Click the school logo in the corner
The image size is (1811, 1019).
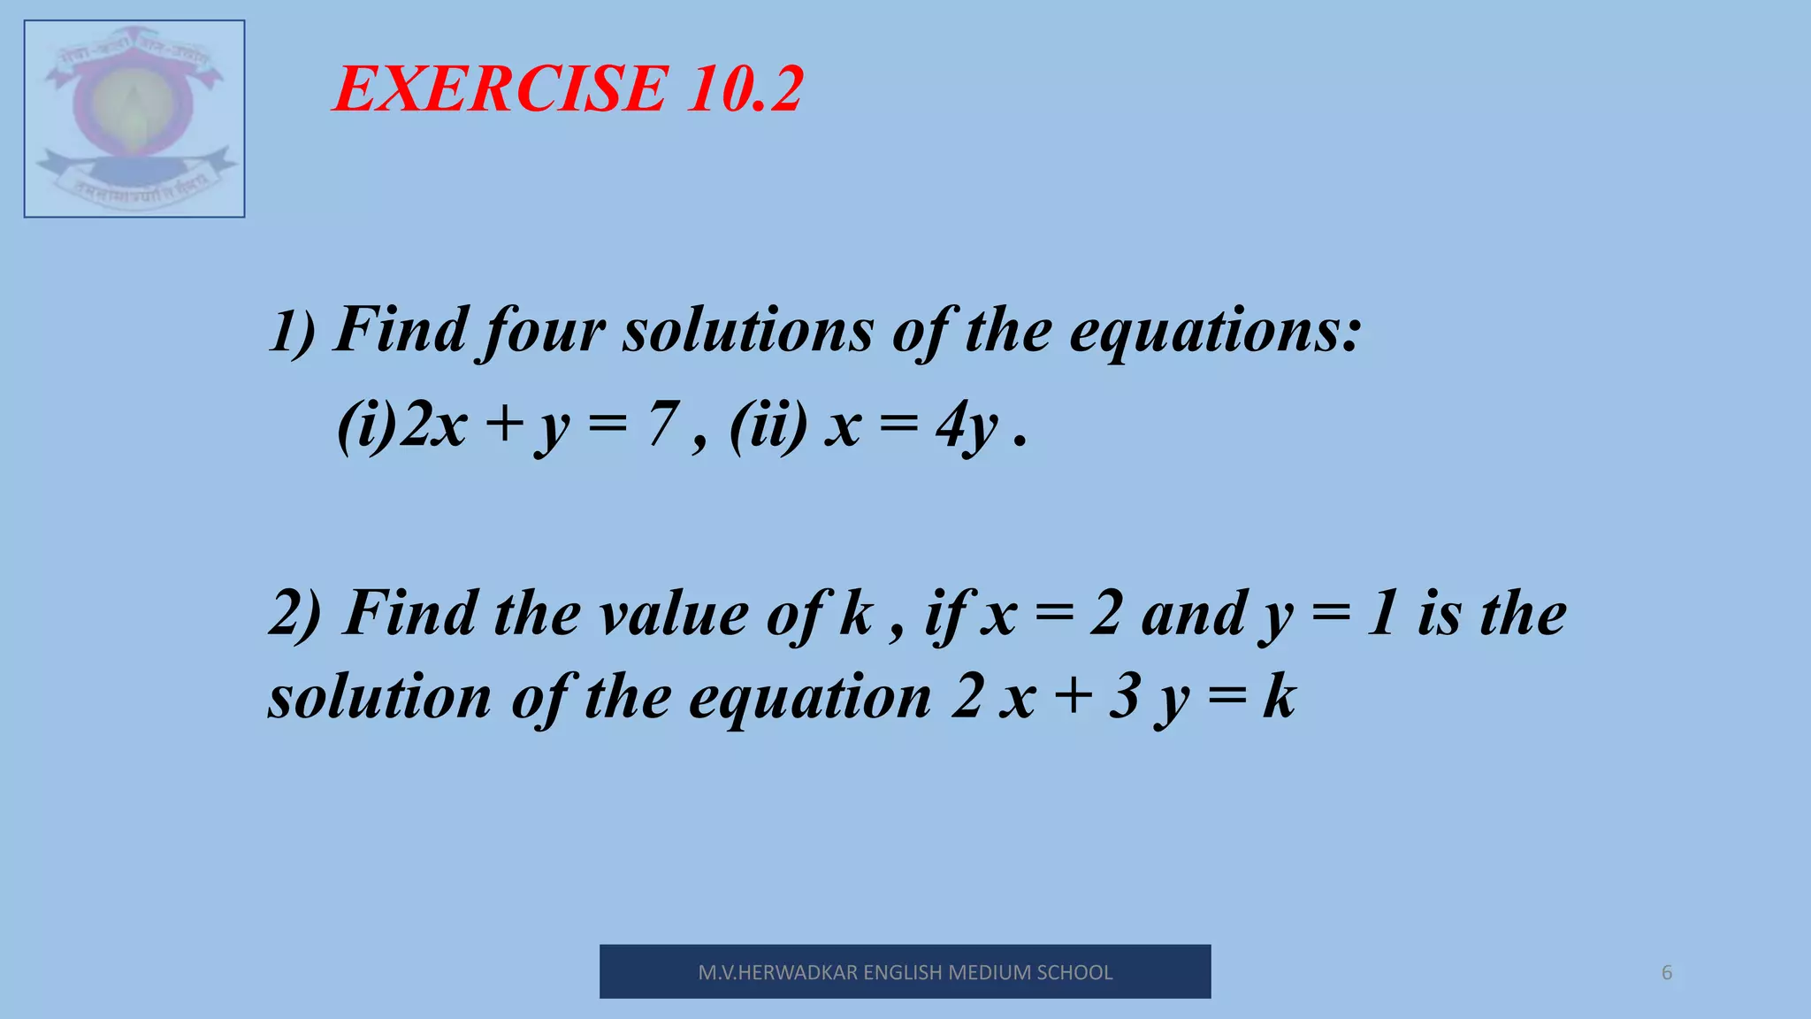click(134, 119)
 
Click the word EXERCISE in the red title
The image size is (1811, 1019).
click(500, 89)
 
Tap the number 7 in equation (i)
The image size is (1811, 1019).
click(662, 424)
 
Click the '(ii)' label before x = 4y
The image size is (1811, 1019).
click(768, 425)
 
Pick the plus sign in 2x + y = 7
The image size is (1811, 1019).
click(505, 424)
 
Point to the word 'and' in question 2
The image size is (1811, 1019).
click(1193, 614)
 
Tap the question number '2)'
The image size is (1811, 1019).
click(295, 614)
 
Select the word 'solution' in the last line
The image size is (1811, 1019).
click(379, 697)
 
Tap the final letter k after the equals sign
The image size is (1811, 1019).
click(1279, 697)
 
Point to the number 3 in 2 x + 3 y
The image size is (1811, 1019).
click(1124, 697)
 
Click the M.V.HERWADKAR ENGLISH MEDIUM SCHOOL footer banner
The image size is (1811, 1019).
click(905, 972)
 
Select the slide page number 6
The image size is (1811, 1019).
click(1667, 973)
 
